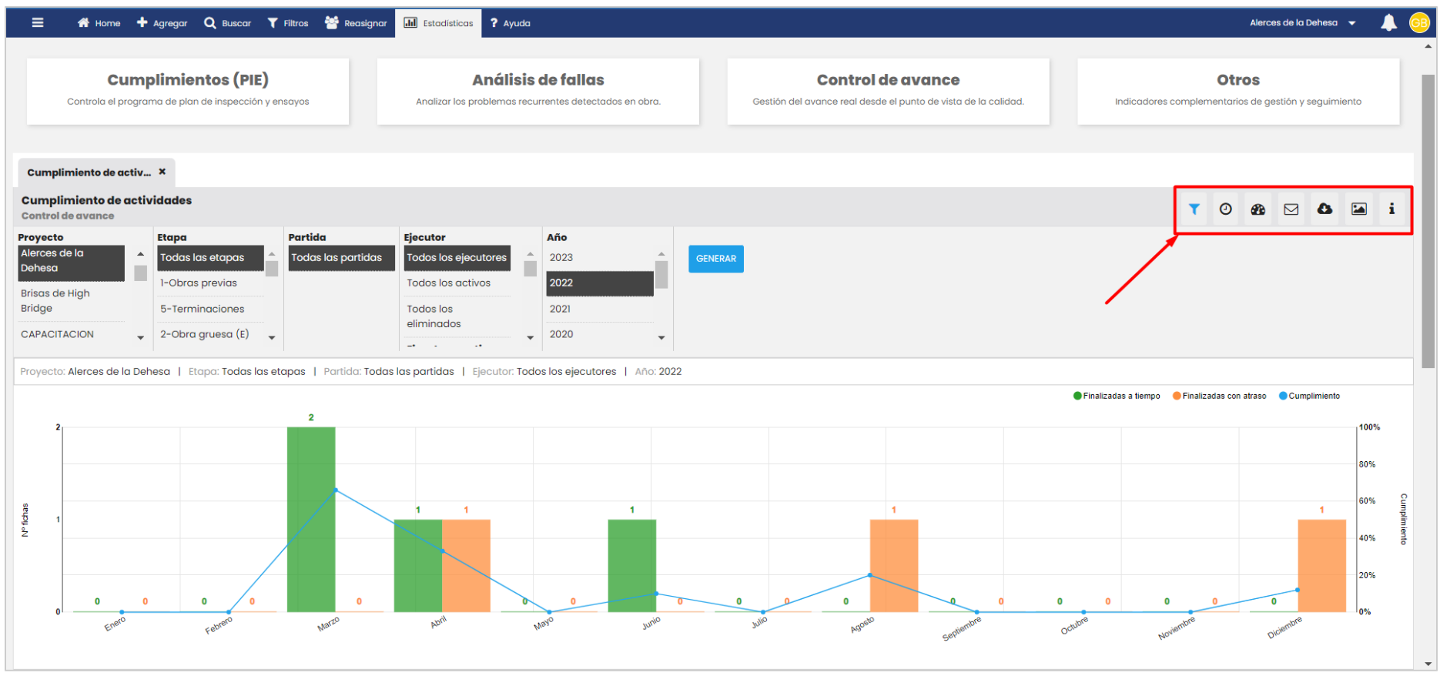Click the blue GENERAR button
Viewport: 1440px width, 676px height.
(x=715, y=259)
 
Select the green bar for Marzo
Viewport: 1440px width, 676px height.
(x=311, y=520)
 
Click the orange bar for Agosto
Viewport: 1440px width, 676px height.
(x=894, y=566)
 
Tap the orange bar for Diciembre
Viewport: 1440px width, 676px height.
(x=1321, y=566)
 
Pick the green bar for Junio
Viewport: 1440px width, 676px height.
(x=632, y=566)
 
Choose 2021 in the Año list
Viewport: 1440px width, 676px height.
(x=561, y=309)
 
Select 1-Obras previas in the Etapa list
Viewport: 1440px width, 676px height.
(x=199, y=283)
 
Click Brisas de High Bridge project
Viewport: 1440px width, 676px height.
(x=55, y=300)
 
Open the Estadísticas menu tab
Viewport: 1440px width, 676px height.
(x=439, y=23)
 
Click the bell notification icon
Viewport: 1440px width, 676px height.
(x=1388, y=23)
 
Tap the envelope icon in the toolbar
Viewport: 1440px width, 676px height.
(x=1291, y=209)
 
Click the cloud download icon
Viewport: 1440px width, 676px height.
(x=1324, y=209)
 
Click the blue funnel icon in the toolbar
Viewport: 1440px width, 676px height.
(x=1194, y=209)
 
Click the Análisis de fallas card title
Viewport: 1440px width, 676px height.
(x=538, y=80)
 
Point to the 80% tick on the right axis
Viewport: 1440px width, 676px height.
(x=1367, y=464)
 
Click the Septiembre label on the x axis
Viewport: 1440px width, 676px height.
(x=962, y=628)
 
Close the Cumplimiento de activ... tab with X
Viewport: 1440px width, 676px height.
(x=162, y=172)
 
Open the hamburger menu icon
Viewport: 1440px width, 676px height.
(x=38, y=22)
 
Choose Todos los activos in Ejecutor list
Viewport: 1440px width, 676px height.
(x=448, y=283)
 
